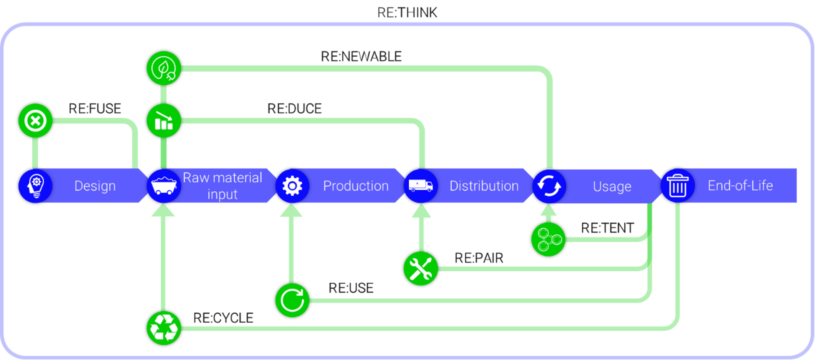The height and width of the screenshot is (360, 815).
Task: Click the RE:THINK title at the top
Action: pyautogui.click(x=407, y=13)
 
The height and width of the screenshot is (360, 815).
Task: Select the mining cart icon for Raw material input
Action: pyautogui.click(x=164, y=186)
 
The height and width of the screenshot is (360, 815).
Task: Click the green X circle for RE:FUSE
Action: pyautogui.click(x=35, y=120)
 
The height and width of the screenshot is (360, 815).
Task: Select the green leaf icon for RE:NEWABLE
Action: pyautogui.click(x=164, y=68)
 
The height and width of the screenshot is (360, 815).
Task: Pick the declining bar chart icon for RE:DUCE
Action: pyautogui.click(x=164, y=120)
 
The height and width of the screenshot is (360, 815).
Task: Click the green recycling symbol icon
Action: pyautogui.click(x=164, y=328)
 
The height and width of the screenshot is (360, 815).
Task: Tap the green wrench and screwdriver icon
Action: pyautogui.click(x=421, y=269)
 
